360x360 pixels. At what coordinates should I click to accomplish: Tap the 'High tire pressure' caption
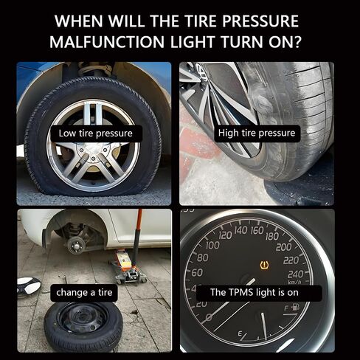257,134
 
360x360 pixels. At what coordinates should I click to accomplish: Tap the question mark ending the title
305,43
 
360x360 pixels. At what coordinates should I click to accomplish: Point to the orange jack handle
136,236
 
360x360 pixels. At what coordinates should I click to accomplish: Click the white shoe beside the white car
30,284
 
